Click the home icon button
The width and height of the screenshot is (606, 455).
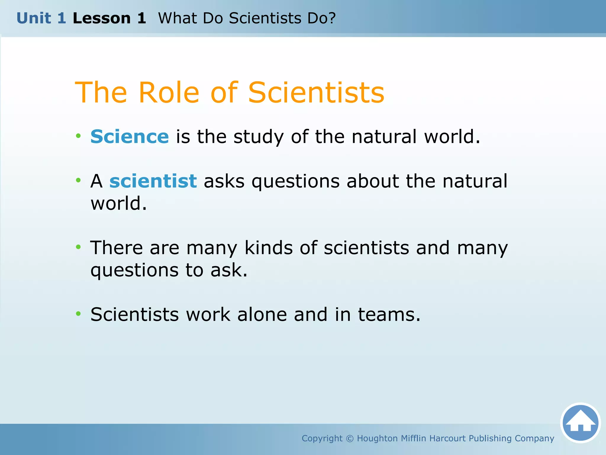(580, 423)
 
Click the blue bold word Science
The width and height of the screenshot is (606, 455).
(130, 137)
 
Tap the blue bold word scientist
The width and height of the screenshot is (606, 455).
(153, 181)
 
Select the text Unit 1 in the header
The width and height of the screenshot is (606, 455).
(41, 18)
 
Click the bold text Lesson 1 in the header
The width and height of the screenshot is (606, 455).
(109, 18)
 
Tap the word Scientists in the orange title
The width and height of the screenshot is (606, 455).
(316, 93)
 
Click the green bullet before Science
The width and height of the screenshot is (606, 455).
(78, 136)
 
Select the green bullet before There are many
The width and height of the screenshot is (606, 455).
(78, 247)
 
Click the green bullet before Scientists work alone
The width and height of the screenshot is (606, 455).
(78, 313)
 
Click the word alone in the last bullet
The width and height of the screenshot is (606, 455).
(262, 314)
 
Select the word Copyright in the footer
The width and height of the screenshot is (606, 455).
(322, 438)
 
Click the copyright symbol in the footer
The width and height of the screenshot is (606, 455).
(350, 438)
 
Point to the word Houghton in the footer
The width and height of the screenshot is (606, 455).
(377, 438)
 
